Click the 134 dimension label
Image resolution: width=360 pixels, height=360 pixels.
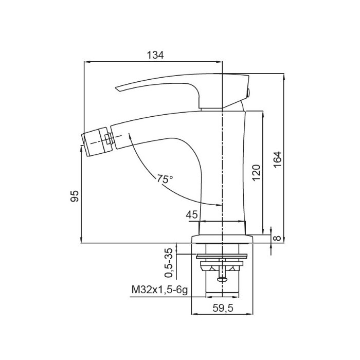pos(155,55)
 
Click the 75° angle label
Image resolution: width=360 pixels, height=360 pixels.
pos(165,178)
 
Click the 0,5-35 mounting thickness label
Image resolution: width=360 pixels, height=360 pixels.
pos(169,263)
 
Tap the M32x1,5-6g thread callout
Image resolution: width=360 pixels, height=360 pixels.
pos(159,290)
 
